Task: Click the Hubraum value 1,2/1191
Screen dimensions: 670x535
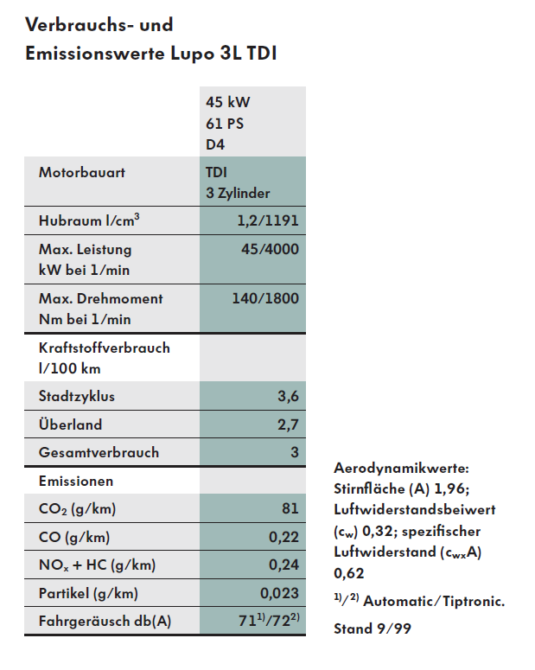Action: click(x=268, y=220)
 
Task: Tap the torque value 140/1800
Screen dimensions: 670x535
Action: click(x=265, y=298)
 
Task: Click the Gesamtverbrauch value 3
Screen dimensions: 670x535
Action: click(x=294, y=452)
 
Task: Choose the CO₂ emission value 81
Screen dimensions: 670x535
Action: click(x=290, y=508)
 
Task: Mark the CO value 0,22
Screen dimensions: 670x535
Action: click(x=283, y=537)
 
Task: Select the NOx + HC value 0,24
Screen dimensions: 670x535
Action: click(x=283, y=565)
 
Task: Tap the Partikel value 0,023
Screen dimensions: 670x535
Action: click(x=279, y=593)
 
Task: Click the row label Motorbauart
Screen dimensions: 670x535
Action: click(x=82, y=172)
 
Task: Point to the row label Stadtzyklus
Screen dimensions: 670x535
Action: click(x=77, y=397)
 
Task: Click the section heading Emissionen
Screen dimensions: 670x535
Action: click(x=76, y=480)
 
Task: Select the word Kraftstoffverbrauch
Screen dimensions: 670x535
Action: click(x=105, y=348)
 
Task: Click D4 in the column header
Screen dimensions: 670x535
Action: click(x=215, y=144)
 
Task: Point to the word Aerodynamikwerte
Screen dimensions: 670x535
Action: click(x=400, y=468)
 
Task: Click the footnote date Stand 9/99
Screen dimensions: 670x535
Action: click(x=373, y=629)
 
